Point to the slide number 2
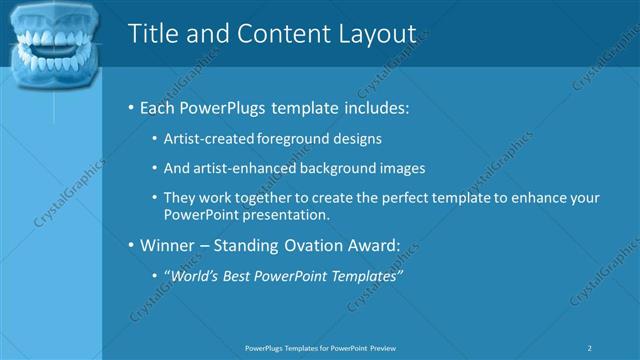point(591,348)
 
